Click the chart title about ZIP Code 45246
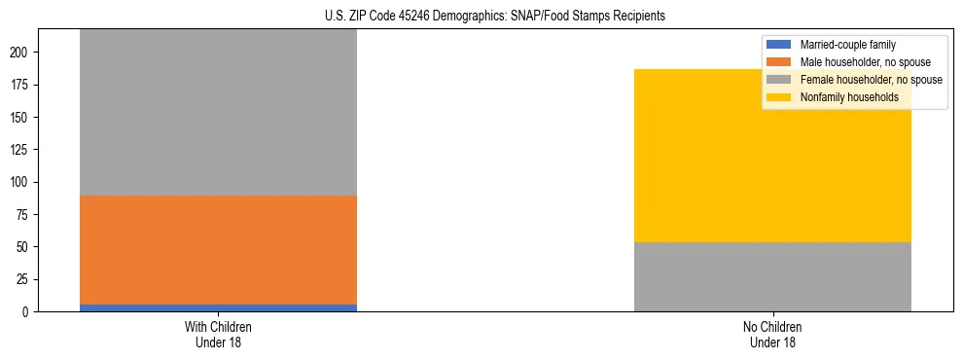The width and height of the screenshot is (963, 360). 481,16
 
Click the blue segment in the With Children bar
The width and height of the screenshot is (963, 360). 218,307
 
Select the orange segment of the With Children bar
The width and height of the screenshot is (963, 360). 218,250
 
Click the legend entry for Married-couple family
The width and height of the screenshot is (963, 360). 847,45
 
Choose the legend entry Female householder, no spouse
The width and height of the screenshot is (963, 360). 870,80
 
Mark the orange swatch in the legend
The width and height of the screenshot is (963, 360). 780,62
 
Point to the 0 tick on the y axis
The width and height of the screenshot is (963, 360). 27,311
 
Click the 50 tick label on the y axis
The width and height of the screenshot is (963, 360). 24,247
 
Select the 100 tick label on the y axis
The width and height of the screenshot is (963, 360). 21,182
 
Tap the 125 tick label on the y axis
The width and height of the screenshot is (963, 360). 21,150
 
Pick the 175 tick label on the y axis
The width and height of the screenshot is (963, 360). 21,85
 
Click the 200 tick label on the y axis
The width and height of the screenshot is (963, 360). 21,53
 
